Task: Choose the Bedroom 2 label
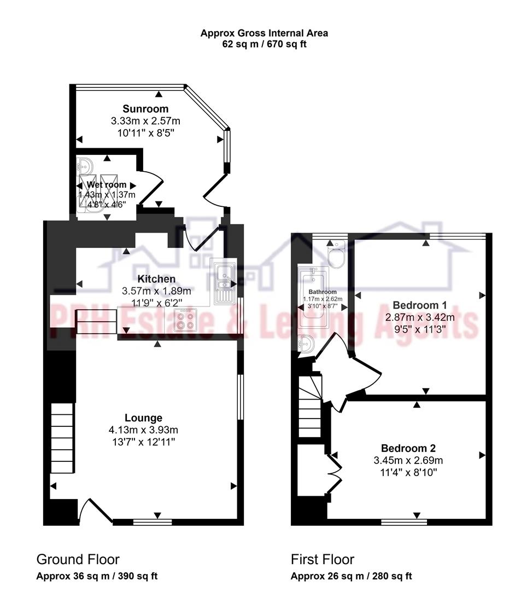point(408,448)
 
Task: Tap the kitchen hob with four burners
point(185,320)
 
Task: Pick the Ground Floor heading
point(78,559)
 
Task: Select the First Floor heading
point(323,559)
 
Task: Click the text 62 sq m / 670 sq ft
point(264,44)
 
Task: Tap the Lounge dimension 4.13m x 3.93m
point(143,430)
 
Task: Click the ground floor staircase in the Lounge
point(62,438)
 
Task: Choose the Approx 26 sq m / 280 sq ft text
point(351,576)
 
